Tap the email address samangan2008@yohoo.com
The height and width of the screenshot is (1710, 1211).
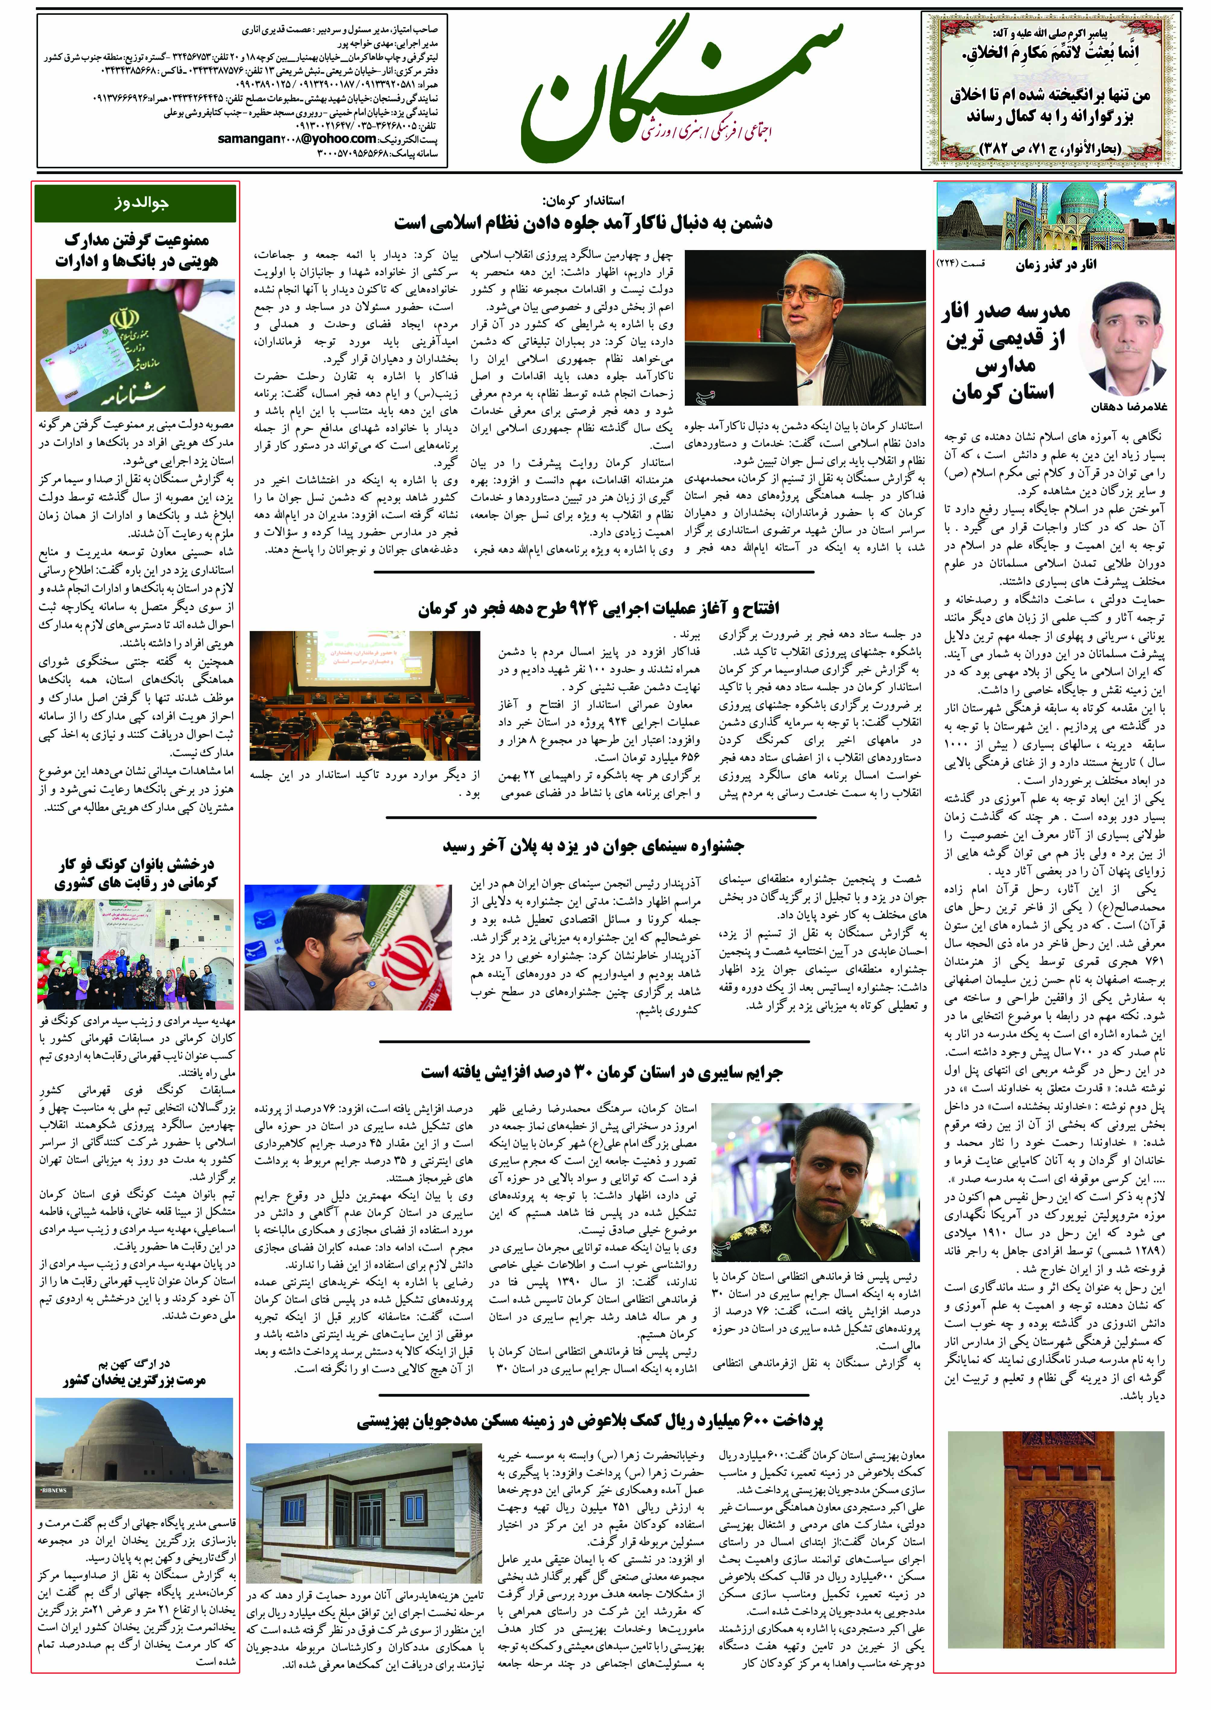click(297, 139)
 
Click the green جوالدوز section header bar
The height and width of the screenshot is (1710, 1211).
click(136, 203)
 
